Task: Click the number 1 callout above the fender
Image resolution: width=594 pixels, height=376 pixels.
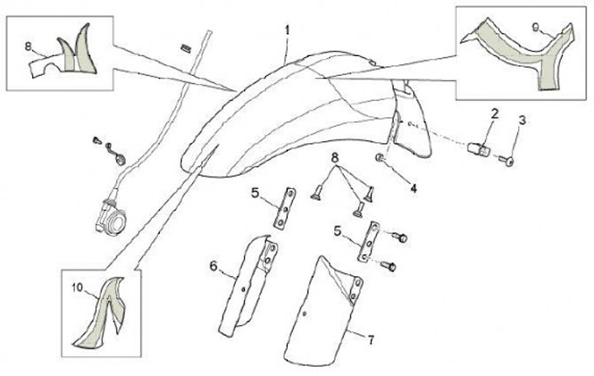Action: (288, 31)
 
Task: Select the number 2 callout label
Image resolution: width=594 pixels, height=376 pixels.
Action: (494, 113)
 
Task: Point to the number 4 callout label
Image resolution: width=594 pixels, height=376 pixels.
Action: (413, 187)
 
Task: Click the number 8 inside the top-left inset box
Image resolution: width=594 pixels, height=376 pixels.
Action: (28, 45)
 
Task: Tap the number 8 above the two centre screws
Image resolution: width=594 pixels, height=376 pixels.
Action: (335, 157)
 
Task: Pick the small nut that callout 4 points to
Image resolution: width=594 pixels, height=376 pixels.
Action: (379, 157)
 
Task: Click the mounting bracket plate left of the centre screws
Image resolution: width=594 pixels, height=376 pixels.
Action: (286, 208)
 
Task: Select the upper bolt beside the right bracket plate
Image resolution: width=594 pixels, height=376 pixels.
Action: (401, 237)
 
